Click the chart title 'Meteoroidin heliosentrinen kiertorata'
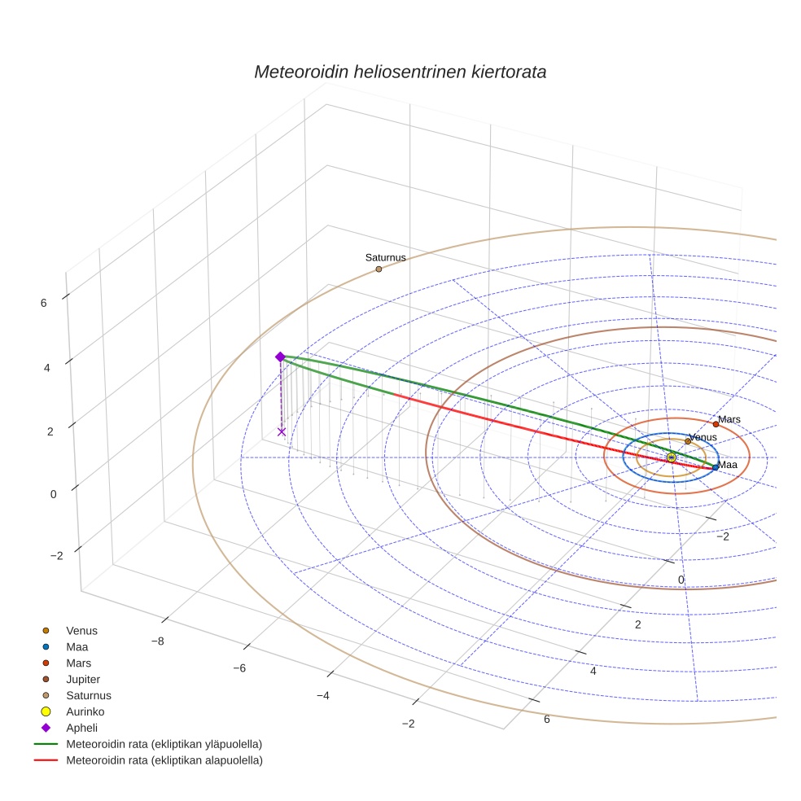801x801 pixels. click(x=400, y=72)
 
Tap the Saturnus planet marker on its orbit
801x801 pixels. click(x=379, y=269)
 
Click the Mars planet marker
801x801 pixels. click(x=716, y=424)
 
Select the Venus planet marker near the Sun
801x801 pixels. click(x=688, y=441)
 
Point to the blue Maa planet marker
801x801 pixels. click(x=716, y=467)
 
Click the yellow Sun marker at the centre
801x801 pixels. click(x=671, y=457)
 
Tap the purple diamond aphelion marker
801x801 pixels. click(x=280, y=357)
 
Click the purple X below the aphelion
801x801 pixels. click(x=282, y=431)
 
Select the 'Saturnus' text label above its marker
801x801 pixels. click(x=385, y=258)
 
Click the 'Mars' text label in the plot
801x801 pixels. click(x=729, y=419)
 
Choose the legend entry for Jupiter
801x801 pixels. click(x=83, y=679)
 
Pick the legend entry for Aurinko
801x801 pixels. click(x=85, y=711)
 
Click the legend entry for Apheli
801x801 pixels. click(x=81, y=728)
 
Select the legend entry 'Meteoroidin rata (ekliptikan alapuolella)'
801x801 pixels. click(x=164, y=760)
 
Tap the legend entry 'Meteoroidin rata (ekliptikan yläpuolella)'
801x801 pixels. click(x=164, y=744)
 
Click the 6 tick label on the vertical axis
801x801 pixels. click(x=43, y=303)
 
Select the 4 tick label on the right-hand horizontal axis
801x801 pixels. click(x=593, y=672)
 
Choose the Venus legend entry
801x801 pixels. click(x=81, y=630)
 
